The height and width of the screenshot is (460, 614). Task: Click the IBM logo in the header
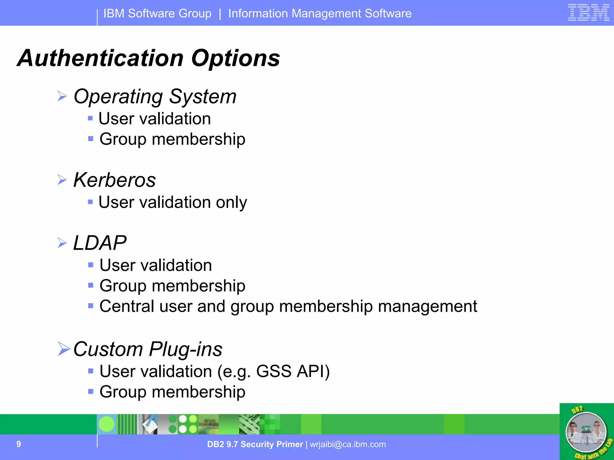589,13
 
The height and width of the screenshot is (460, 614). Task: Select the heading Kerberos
115,180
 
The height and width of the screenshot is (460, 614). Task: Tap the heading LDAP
100,243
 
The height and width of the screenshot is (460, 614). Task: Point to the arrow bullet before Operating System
62,96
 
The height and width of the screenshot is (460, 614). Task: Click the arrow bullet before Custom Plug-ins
64,349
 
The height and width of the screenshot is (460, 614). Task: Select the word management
428,306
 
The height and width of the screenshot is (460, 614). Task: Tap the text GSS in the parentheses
274,371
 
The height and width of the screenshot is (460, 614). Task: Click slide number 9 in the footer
19,444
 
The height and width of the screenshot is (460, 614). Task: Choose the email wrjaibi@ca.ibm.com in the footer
348,444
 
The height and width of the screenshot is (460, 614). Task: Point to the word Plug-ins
186,349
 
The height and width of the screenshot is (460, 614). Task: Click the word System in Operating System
203,97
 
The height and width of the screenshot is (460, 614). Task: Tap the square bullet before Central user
91,306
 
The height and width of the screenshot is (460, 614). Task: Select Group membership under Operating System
172,139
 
